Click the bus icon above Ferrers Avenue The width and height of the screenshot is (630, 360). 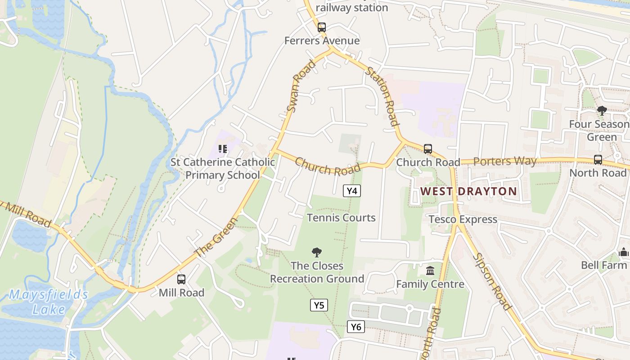(x=321, y=27)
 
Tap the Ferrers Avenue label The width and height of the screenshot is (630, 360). (x=322, y=40)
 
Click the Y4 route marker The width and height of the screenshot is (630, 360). (x=352, y=191)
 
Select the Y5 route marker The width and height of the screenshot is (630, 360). (x=319, y=305)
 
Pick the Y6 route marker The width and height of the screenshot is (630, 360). (x=355, y=327)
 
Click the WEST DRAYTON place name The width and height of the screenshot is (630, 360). (x=468, y=191)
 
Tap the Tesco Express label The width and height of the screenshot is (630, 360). (x=463, y=219)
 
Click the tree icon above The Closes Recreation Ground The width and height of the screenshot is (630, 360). (x=317, y=252)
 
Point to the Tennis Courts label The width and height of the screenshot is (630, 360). (x=341, y=218)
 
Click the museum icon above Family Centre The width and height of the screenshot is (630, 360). (x=430, y=271)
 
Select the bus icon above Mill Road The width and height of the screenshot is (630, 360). (x=181, y=279)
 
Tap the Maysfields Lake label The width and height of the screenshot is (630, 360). (x=49, y=302)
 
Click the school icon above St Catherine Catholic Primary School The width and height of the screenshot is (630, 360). (x=222, y=148)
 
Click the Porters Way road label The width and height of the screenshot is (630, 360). (x=505, y=161)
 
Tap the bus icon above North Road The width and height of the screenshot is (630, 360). (x=598, y=160)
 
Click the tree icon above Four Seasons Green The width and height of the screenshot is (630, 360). (x=602, y=111)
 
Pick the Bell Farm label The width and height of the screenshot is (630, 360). (x=603, y=265)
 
